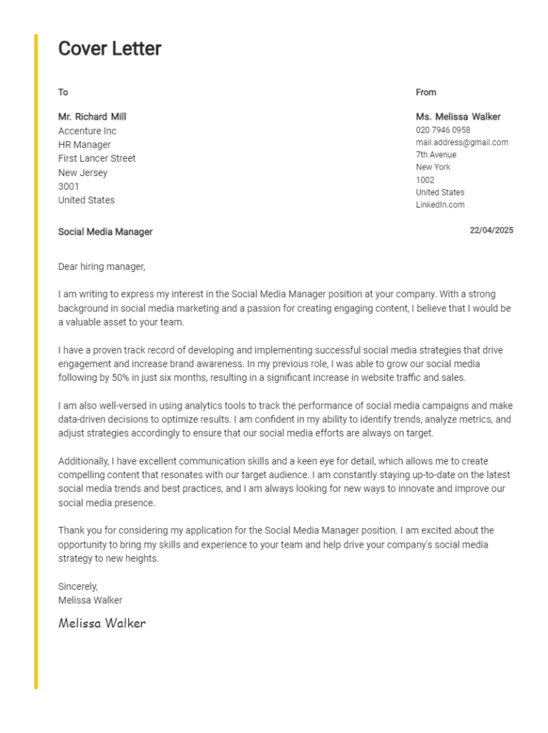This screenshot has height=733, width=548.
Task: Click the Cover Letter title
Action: pos(109,49)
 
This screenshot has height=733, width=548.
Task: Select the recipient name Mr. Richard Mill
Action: pos(92,117)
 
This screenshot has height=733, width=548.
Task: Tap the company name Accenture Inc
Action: pos(87,131)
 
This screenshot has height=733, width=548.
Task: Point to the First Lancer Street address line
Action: pos(97,158)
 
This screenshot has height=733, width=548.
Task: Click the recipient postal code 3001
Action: pos(69,186)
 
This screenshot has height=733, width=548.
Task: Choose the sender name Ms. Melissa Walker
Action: pos(458,117)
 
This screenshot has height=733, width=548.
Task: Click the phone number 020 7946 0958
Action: pos(443,130)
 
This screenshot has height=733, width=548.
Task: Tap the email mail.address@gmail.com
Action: pos(461,142)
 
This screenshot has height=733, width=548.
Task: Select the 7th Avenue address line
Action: pos(436,155)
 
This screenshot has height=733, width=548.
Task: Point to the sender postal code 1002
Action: pos(425,180)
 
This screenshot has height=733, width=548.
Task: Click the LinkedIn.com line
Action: pos(440,205)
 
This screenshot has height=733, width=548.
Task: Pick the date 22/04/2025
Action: pos(491,230)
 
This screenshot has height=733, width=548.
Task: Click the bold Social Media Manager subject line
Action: pos(105,232)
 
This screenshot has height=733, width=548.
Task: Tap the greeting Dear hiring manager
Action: pos(102,267)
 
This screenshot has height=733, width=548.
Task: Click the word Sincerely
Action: pos(78,586)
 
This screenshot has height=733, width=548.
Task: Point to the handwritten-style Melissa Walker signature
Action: pos(102,623)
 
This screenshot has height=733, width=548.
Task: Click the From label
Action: pos(426,92)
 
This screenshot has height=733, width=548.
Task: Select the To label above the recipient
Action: pos(63,92)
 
